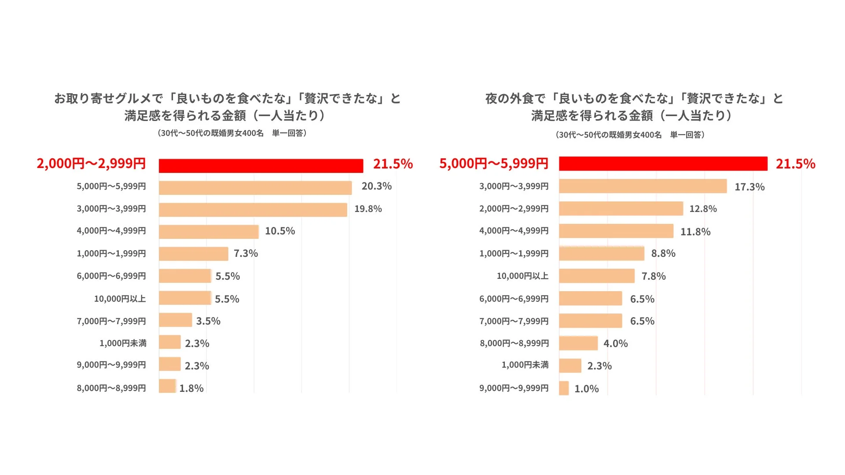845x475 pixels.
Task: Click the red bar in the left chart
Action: coord(261,166)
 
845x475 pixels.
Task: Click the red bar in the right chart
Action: coord(663,164)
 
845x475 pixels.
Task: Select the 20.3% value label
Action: coord(376,186)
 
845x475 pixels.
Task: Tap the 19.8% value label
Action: coord(368,209)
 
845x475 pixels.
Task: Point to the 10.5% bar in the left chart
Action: coord(209,232)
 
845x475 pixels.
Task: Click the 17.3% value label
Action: coord(749,187)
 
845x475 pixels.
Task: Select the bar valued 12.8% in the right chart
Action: coord(621,208)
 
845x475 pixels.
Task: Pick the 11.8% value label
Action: coord(695,232)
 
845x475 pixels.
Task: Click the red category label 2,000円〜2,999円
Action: coord(91,164)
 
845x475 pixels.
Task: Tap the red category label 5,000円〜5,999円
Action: coord(494,164)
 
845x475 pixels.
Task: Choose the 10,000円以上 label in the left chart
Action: coord(120,299)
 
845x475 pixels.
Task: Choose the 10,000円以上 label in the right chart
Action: coord(522,276)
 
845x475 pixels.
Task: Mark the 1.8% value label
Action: coord(191,388)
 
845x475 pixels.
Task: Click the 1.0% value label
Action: coord(586,389)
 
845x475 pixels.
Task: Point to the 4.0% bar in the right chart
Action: coord(578,343)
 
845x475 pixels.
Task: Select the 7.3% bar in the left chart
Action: coord(193,254)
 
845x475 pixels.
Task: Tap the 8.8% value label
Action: coord(663,253)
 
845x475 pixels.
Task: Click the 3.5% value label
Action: coord(208,321)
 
